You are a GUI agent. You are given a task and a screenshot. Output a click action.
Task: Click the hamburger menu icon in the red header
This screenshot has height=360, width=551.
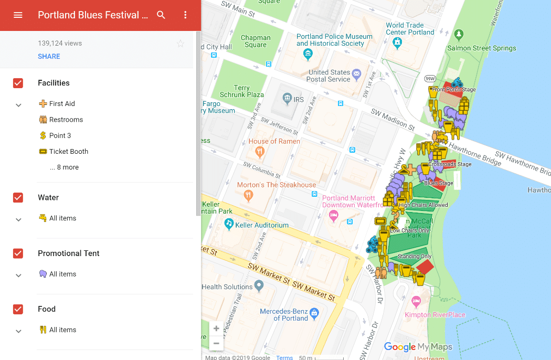pyautogui.click(x=18, y=15)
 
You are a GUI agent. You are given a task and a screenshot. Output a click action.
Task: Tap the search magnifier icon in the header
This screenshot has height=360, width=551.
pyautogui.click(x=161, y=15)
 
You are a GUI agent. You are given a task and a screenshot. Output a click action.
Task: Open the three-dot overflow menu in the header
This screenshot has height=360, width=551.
pyautogui.click(x=185, y=15)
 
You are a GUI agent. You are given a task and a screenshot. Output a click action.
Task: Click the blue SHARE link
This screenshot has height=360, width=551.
pyautogui.click(x=49, y=56)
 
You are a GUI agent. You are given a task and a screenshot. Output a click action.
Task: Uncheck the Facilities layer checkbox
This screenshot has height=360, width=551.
pyautogui.click(x=18, y=83)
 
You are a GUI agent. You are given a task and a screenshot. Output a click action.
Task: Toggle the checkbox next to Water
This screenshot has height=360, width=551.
pyautogui.click(x=18, y=197)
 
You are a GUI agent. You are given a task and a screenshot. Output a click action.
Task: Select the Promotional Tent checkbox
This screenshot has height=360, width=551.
pyautogui.click(x=18, y=253)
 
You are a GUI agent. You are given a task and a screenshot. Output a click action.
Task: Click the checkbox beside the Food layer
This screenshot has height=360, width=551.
pyautogui.click(x=18, y=309)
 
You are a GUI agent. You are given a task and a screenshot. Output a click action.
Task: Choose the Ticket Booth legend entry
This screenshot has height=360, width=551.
pyautogui.click(x=68, y=151)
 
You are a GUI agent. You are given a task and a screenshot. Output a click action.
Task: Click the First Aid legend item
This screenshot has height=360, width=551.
pyautogui.click(x=62, y=103)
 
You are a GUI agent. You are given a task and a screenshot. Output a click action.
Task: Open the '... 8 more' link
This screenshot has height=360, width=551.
pyautogui.click(x=64, y=167)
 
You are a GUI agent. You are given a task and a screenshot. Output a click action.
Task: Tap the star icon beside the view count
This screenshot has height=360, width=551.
pyautogui.click(x=181, y=44)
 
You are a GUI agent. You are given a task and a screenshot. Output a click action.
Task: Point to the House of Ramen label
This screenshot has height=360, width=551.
pyautogui.click(x=274, y=141)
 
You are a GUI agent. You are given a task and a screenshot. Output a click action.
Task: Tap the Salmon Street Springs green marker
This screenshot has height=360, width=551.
pyautogui.click(x=460, y=35)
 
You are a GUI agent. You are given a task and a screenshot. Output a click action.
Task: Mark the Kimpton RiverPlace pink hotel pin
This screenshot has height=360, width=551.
pyautogui.click(x=417, y=301)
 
